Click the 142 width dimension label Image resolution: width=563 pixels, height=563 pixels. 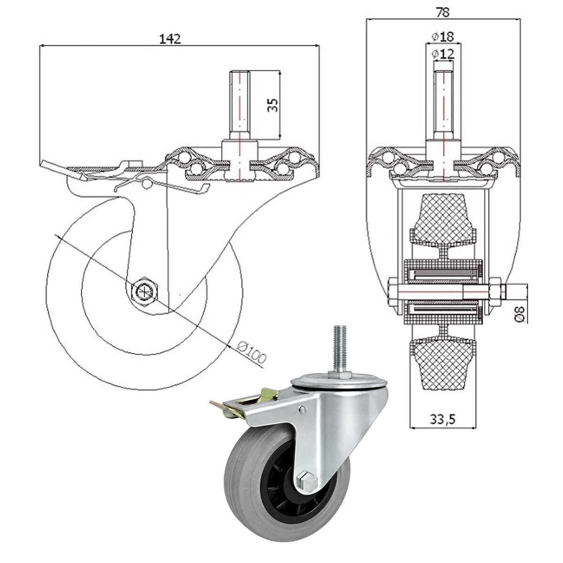pyautogui.click(x=170, y=39)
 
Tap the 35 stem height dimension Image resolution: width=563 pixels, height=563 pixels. pyautogui.click(x=273, y=105)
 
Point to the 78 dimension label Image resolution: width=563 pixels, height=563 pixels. pyautogui.click(x=442, y=12)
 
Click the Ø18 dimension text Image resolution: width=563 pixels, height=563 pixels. pyautogui.click(x=443, y=37)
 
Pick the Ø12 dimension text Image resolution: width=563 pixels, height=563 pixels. pyautogui.click(x=443, y=54)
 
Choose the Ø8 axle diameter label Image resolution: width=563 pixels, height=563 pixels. pyautogui.click(x=521, y=314)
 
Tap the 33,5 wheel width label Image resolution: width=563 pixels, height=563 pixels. pyautogui.click(x=442, y=419)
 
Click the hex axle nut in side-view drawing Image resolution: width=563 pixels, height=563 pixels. pyautogui.click(x=145, y=291)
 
